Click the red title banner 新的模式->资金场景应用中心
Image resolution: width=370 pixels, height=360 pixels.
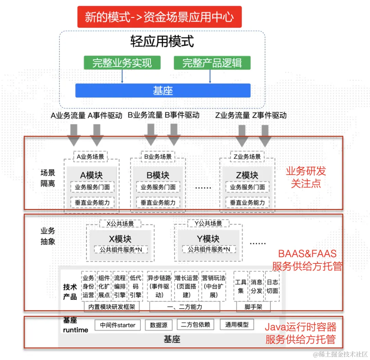[159, 17]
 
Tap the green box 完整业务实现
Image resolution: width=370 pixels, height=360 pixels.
[122, 63]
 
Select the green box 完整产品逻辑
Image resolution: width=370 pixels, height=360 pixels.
[212, 63]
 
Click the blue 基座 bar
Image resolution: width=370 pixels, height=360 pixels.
[163, 91]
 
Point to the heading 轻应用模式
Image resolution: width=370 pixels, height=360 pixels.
[162, 42]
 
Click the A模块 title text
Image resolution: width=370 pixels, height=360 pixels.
[91, 175]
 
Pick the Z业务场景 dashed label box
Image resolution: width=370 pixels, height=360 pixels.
[247, 157]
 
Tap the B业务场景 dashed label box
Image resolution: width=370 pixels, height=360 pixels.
[158, 157]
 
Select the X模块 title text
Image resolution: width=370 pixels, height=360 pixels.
[120, 239]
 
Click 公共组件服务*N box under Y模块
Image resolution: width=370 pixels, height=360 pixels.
[209, 249]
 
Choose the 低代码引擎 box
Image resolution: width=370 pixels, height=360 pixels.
[136, 286]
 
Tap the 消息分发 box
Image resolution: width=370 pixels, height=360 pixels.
[256, 286]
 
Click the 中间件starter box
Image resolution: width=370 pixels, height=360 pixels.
[118, 325]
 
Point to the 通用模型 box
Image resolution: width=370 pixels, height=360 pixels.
[237, 325]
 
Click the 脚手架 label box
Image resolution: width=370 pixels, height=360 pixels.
[254, 307]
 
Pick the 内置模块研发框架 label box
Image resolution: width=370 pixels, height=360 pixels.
[112, 307]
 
